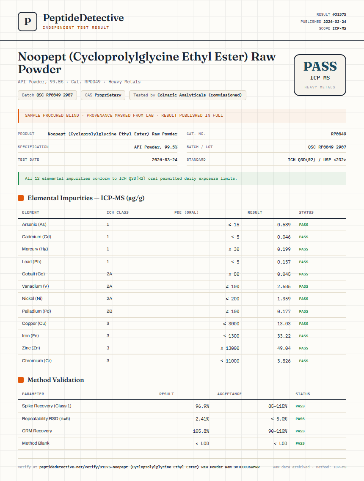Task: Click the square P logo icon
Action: point(28,22)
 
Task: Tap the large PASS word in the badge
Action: point(320,66)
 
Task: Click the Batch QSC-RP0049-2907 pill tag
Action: point(47,95)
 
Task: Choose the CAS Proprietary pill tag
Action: point(103,95)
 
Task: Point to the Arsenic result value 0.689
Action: point(284,225)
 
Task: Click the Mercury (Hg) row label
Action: point(35,249)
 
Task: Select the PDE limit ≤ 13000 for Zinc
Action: point(230,348)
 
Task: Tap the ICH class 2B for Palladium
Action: point(109,311)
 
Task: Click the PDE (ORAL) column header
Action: point(186,212)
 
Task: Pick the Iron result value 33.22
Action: point(284,336)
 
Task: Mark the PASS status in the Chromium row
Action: point(303,361)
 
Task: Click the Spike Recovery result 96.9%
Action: point(202,406)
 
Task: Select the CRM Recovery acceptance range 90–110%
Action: point(278,431)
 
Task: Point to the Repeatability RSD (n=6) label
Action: point(46,418)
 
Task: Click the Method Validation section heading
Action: point(55,380)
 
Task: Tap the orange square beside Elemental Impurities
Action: point(21,198)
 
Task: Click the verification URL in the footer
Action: point(149,467)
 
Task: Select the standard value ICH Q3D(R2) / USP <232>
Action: point(317,160)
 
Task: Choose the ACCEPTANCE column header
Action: point(229,394)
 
